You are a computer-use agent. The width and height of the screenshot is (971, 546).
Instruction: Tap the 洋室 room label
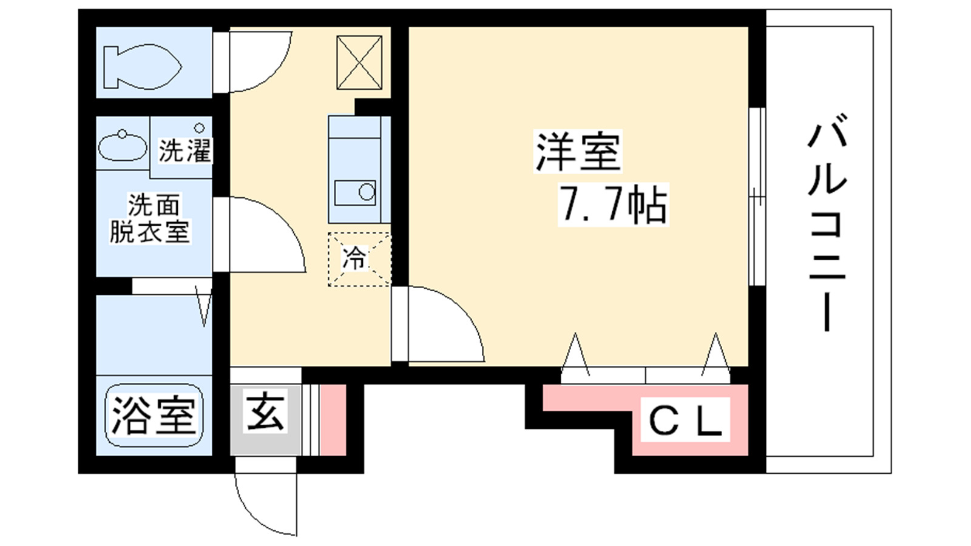pyautogui.click(x=578, y=151)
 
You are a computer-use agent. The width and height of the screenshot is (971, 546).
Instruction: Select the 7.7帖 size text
pyautogui.click(x=613, y=204)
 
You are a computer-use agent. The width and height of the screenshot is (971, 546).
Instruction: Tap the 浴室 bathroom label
pyautogui.click(x=154, y=416)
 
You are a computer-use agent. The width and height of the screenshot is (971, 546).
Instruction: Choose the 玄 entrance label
pyautogui.click(x=265, y=412)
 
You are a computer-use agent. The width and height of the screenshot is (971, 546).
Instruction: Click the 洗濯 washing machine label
pyautogui.click(x=184, y=150)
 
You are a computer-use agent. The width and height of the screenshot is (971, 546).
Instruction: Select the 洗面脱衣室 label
pyautogui.click(x=150, y=218)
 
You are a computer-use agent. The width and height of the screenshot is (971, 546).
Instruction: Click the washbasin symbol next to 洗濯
pyautogui.click(x=123, y=146)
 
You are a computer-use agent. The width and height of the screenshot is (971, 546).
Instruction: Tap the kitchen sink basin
pyautogui.click(x=356, y=192)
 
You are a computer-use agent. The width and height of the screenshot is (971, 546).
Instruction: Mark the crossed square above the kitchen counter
pyautogui.click(x=359, y=62)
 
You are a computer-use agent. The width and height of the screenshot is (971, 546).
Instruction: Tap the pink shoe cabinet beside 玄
pyautogui.click(x=333, y=420)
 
